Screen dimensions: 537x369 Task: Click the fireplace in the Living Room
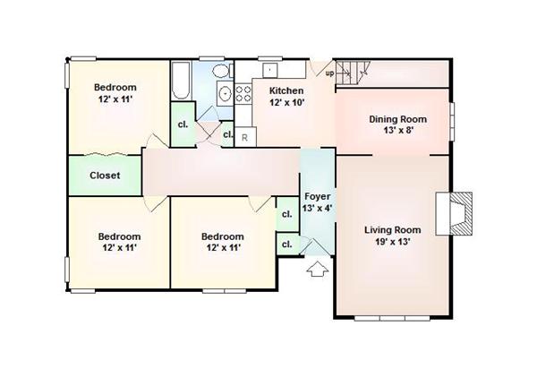(x=454, y=214)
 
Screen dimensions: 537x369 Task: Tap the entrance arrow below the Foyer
(x=318, y=269)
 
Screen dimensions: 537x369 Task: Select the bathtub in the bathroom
(x=181, y=81)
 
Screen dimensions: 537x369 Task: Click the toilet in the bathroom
(x=222, y=71)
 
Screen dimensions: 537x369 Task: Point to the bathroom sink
(x=225, y=93)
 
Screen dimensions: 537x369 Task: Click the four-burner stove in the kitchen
(x=243, y=94)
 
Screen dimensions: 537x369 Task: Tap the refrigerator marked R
(x=245, y=137)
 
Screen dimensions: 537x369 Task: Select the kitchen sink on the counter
(x=270, y=70)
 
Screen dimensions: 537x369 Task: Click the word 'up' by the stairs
(x=329, y=73)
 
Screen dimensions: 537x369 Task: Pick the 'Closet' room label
(x=105, y=176)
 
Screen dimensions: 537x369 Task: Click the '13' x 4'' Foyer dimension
(x=317, y=208)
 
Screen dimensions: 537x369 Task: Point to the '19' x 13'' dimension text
(x=393, y=242)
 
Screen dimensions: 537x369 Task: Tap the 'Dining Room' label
(x=398, y=119)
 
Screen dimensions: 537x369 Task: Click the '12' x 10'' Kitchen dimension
(x=286, y=102)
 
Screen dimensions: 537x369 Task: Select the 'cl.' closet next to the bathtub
(x=183, y=124)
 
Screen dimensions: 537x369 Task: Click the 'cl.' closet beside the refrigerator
(x=227, y=134)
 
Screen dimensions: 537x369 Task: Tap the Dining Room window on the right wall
(x=452, y=121)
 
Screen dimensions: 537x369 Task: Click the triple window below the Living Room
(x=392, y=318)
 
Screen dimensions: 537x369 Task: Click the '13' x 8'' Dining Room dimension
(x=399, y=130)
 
